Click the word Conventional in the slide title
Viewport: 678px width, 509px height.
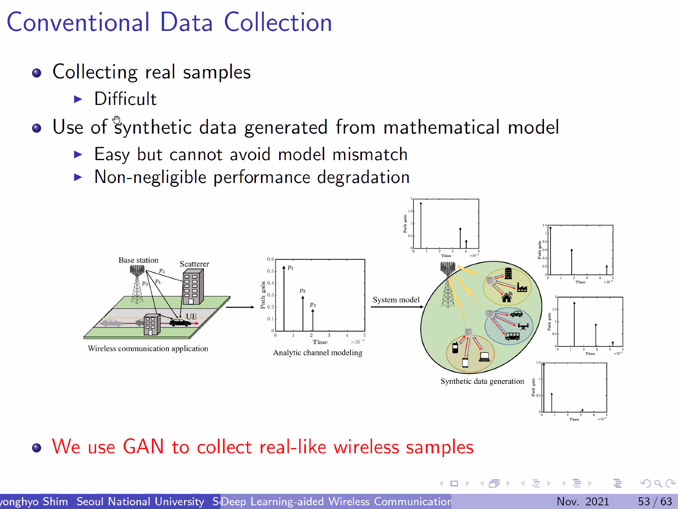click(x=78, y=23)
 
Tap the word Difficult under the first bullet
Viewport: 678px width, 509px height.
click(x=125, y=99)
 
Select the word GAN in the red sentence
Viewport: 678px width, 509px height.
click(x=143, y=447)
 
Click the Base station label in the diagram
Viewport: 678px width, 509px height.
click(x=138, y=260)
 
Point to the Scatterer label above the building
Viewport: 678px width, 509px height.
click(x=195, y=264)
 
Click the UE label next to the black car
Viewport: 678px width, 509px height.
click(x=191, y=316)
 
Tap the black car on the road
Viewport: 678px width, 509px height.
click(x=180, y=322)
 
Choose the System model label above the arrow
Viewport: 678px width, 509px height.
click(x=396, y=300)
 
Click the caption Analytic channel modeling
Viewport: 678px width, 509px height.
click(x=318, y=353)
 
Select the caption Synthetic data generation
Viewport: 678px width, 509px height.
click(x=482, y=381)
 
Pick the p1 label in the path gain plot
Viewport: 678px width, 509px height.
click(x=291, y=268)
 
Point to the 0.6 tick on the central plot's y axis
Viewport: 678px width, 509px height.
click(x=270, y=259)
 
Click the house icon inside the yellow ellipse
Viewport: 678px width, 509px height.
click(x=507, y=298)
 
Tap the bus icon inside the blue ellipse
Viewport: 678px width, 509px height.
click(x=512, y=337)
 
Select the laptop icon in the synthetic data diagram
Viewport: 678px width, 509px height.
click(x=484, y=357)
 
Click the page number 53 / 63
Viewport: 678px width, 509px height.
click(x=655, y=501)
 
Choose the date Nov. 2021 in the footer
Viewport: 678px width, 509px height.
click(x=583, y=501)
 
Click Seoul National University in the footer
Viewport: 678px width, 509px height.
click(x=140, y=501)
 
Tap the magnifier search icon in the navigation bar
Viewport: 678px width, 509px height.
click(x=658, y=483)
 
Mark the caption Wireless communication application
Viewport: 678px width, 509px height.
click(x=148, y=349)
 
